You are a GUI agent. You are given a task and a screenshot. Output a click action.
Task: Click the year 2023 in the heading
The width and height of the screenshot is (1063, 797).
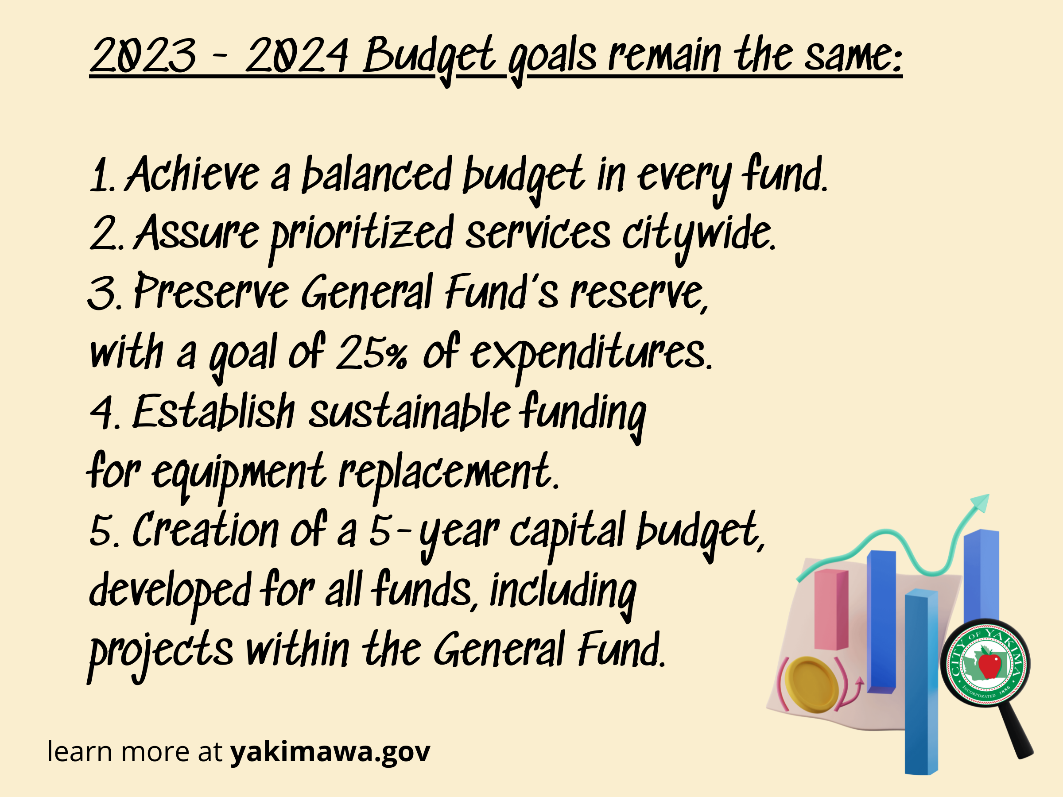pos(143,56)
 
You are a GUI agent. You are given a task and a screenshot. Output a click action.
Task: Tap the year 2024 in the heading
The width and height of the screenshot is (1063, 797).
pos(296,56)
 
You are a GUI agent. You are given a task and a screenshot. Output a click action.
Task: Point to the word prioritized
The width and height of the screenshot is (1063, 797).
pos(361,234)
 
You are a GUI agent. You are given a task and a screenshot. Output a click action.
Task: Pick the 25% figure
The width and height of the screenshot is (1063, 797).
pos(372,353)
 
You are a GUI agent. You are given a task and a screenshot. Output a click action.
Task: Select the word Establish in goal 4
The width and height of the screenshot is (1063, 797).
pos(213,412)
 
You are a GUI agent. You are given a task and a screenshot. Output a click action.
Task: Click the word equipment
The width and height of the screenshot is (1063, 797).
pos(238,473)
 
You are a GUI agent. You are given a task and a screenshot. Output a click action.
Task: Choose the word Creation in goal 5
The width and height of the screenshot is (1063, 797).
pos(205,531)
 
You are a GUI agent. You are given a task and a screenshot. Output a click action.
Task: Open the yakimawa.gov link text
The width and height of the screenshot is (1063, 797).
pos(330,752)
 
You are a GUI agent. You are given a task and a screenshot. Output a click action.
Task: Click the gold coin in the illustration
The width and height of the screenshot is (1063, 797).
pos(811,685)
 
